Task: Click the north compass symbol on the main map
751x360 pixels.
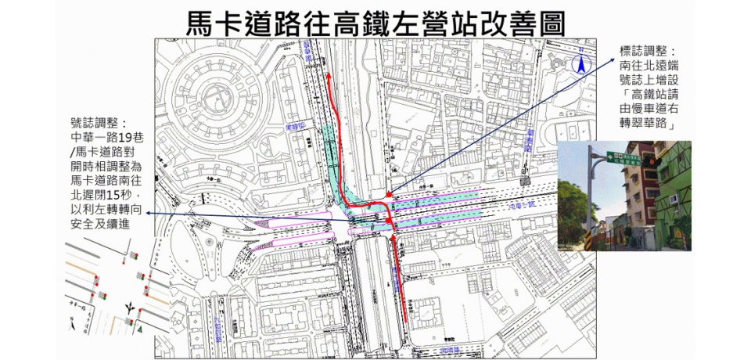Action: (x=581, y=65)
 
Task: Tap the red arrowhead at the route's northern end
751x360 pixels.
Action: (x=329, y=76)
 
